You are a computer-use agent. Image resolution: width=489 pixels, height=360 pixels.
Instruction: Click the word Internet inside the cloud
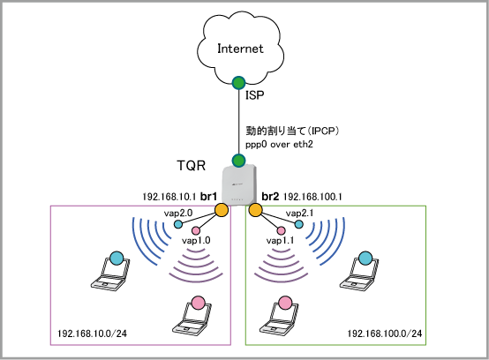tap(240, 49)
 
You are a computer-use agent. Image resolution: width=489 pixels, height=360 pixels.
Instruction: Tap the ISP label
tap(254, 94)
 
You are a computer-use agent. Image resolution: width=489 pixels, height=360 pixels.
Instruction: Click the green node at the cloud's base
tap(238, 83)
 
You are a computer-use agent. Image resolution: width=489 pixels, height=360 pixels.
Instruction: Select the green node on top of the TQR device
tap(238, 161)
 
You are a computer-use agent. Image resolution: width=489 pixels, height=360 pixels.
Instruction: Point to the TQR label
tap(192, 165)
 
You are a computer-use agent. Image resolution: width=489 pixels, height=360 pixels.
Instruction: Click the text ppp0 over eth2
tap(279, 145)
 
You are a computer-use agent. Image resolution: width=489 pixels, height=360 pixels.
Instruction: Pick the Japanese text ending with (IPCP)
tap(292, 131)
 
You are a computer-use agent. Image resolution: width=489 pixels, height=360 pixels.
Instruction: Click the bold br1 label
tap(208, 197)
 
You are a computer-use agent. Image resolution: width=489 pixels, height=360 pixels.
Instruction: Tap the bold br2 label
tap(270, 197)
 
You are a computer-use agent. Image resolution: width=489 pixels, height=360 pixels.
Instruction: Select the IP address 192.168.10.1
tap(169, 197)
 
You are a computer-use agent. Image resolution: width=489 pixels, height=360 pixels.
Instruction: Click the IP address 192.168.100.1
tap(312, 197)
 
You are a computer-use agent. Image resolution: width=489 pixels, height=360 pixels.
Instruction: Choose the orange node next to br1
tap(222, 210)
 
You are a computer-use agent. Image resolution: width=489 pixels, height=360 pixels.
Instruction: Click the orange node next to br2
tap(255, 210)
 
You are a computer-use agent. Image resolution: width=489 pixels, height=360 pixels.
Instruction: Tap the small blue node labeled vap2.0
tap(178, 224)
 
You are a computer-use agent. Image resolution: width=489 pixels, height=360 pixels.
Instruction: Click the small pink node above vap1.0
tap(196, 230)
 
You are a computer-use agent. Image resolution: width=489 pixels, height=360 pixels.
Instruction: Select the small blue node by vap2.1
tap(298, 224)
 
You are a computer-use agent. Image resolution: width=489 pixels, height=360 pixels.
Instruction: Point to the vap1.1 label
tap(280, 240)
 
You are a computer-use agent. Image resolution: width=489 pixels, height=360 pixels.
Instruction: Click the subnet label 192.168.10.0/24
tap(93, 334)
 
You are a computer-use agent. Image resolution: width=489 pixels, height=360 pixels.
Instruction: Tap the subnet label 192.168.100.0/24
tap(385, 334)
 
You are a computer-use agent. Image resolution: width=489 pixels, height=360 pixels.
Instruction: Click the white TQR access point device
tap(239, 185)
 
